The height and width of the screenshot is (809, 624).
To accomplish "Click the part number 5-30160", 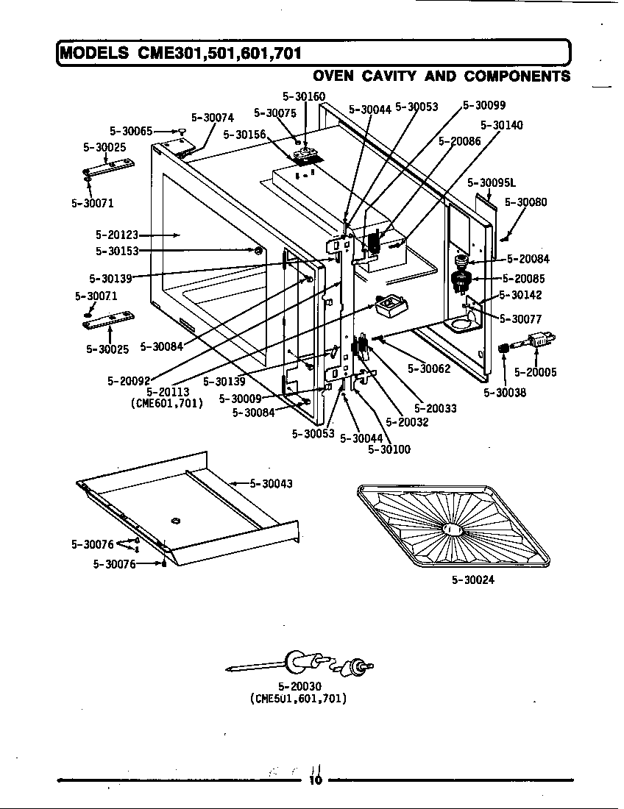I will pyautogui.click(x=304, y=96).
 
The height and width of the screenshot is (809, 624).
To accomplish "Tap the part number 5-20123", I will pyautogui.click(x=116, y=235).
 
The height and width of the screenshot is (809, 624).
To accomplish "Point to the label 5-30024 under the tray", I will pyautogui.click(x=473, y=580).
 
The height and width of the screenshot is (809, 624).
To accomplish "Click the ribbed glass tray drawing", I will pyautogui.click(x=454, y=527).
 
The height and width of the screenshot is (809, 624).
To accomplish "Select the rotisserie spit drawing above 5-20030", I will pyautogui.click(x=302, y=664).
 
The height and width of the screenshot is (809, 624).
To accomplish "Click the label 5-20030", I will pyautogui.click(x=298, y=686).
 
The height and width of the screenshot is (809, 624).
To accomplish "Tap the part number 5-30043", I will pyautogui.click(x=272, y=483).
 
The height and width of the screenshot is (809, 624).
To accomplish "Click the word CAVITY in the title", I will pyautogui.click(x=415, y=76).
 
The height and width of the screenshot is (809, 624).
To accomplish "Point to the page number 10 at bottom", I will pyautogui.click(x=316, y=780).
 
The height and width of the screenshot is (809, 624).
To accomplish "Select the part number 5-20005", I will pyautogui.click(x=535, y=372).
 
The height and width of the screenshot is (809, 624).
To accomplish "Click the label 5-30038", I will pyautogui.click(x=505, y=393).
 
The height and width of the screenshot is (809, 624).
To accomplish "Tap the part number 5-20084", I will pyautogui.click(x=528, y=259).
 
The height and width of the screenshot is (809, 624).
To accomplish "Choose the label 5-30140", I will pyautogui.click(x=501, y=126).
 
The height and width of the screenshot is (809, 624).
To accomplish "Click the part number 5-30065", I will pyautogui.click(x=131, y=131).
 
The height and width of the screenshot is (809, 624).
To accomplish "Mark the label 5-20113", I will pyautogui.click(x=168, y=392).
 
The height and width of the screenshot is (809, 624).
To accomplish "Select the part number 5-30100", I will pyautogui.click(x=389, y=449).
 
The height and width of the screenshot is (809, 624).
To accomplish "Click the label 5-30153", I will pyautogui.click(x=116, y=251).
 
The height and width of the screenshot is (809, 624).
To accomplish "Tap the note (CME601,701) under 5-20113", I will pyautogui.click(x=166, y=403).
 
